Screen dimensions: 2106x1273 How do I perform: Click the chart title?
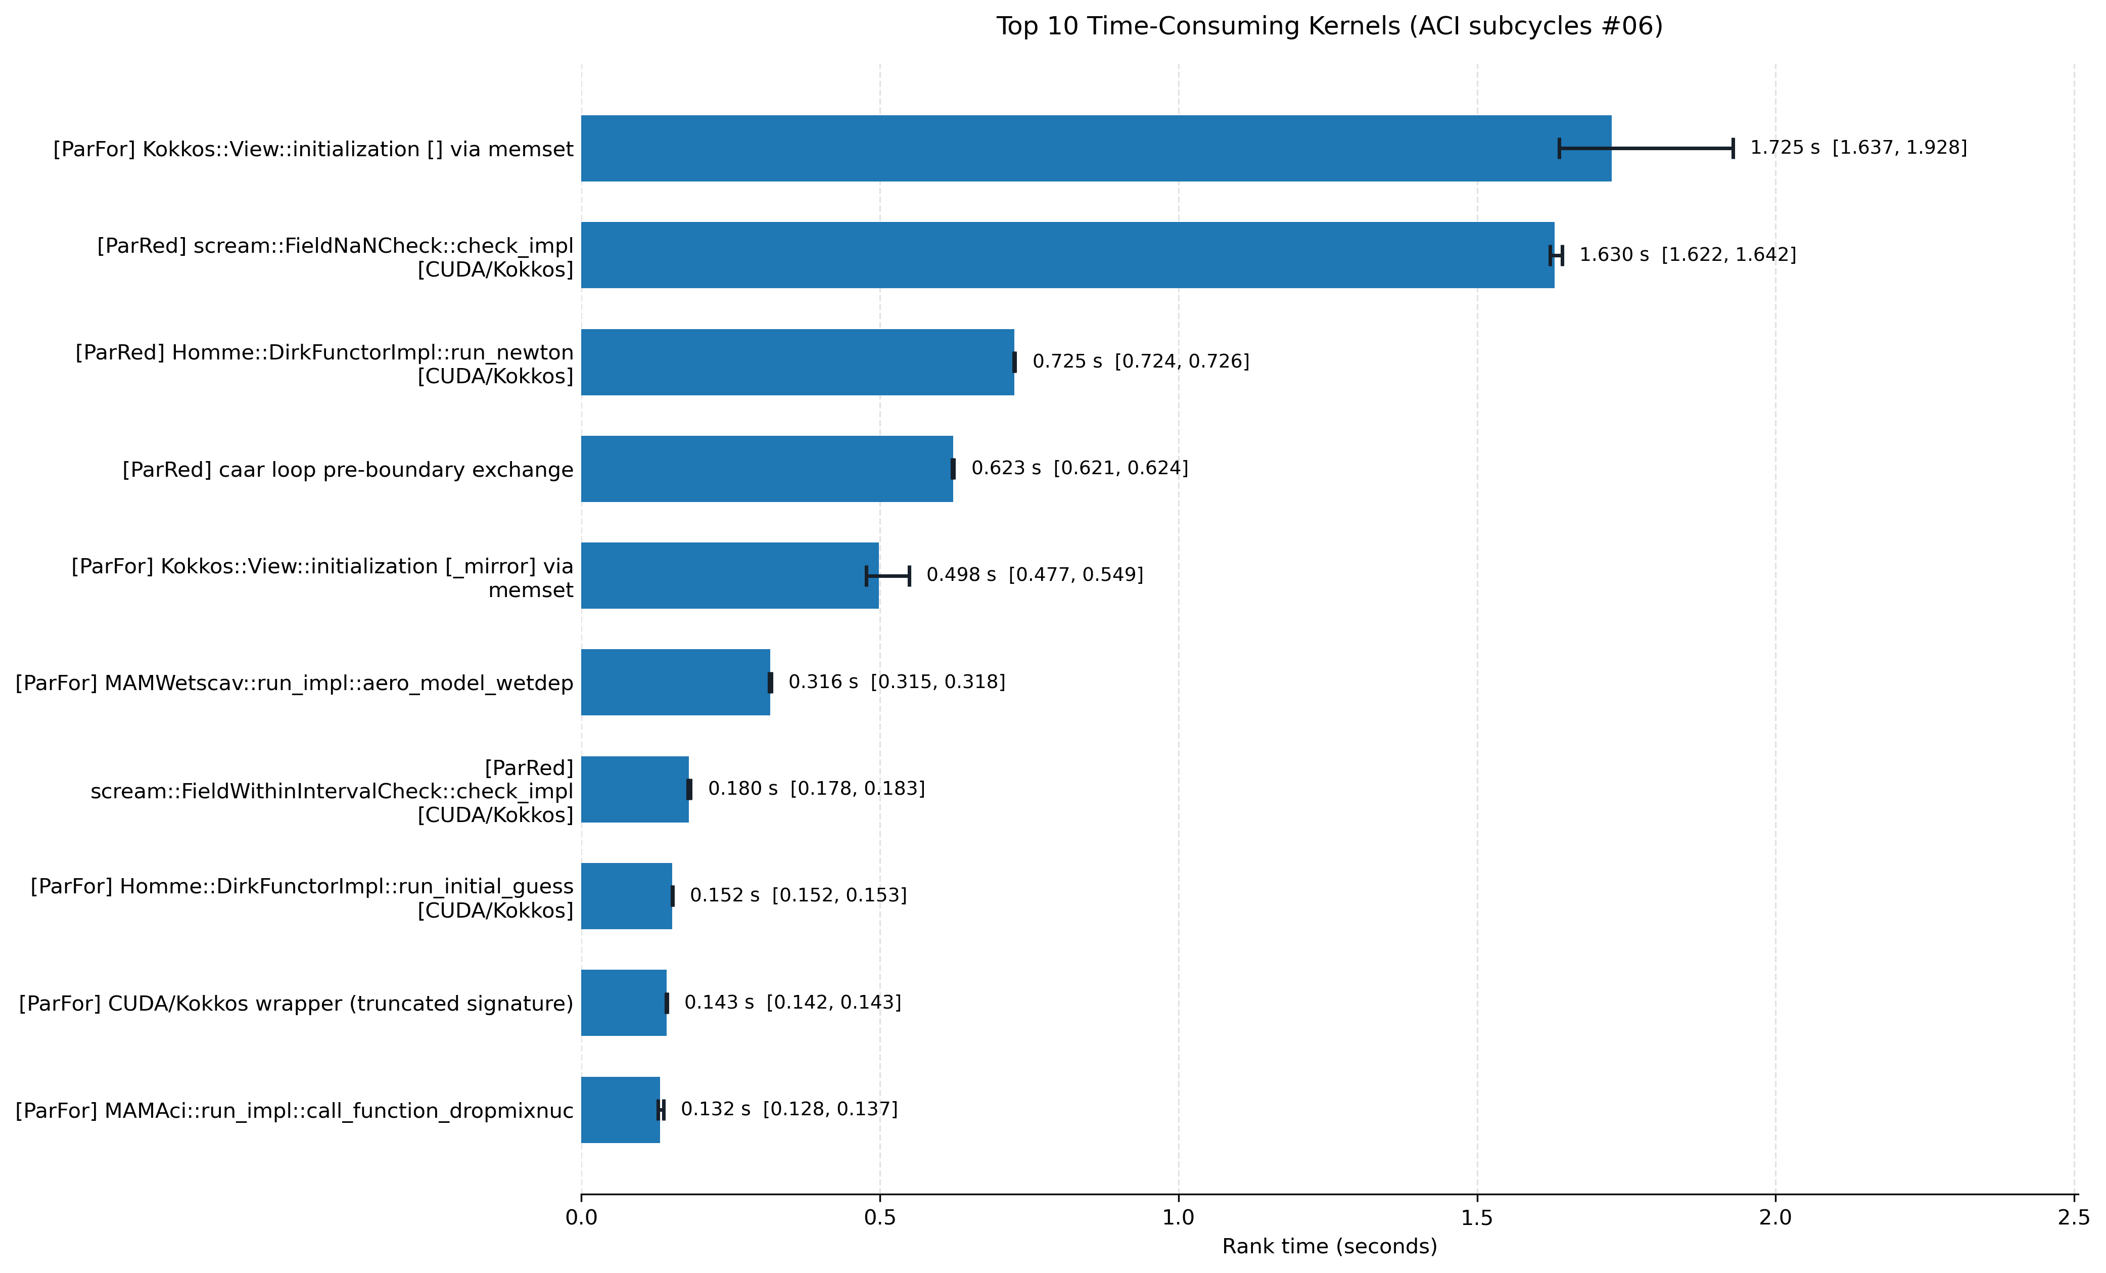pos(1329,26)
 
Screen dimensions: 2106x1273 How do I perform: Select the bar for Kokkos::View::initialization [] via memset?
pos(1096,148)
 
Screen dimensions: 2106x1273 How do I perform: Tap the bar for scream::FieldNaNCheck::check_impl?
pos(1067,255)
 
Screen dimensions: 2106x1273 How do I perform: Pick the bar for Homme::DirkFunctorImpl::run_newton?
pos(798,361)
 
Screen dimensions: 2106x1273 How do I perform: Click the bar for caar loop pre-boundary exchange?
pos(767,469)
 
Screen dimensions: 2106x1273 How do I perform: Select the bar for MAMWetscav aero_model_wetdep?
pos(675,682)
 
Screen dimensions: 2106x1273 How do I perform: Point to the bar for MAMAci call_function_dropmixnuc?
pos(621,1110)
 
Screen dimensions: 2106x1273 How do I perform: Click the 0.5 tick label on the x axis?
pos(879,1217)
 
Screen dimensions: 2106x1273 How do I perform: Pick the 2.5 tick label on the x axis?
pos(2074,1217)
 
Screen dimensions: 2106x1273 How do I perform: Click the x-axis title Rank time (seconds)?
pos(1329,1247)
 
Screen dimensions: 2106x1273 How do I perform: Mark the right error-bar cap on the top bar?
pos(1733,148)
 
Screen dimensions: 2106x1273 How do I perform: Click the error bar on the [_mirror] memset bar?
pos(888,575)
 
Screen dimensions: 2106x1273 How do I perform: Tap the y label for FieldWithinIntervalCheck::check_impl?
pos(332,791)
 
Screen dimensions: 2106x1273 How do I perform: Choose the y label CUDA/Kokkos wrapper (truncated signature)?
pos(296,1003)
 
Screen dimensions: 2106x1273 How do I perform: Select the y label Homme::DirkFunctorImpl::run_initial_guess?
pos(302,898)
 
